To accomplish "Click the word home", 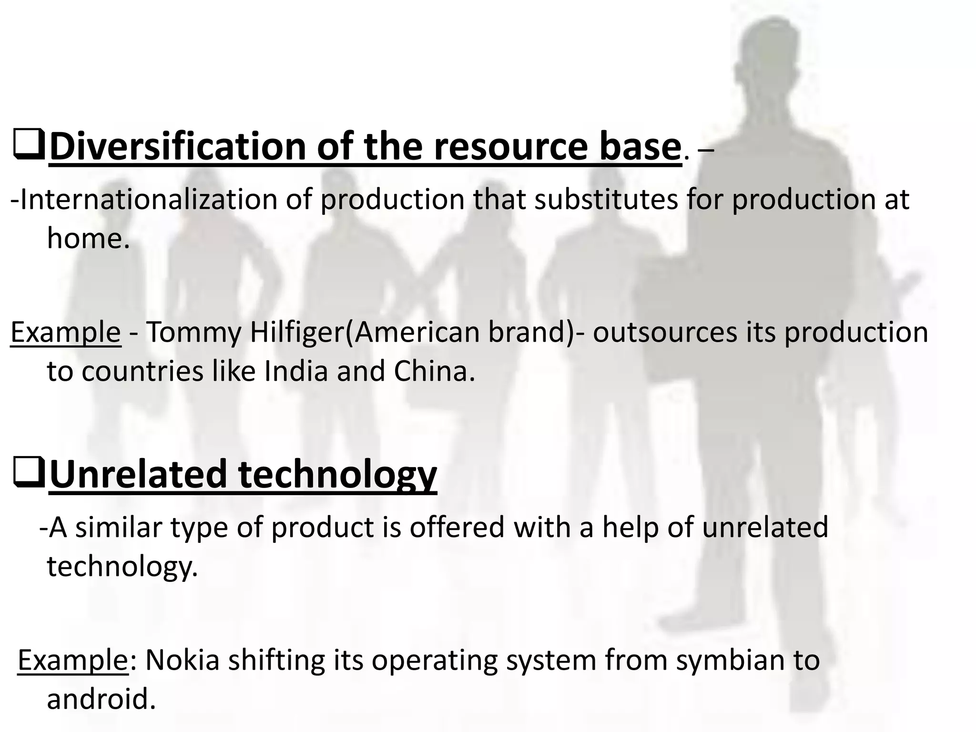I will [88, 238].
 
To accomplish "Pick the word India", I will [295, 371].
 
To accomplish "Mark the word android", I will [101, 700].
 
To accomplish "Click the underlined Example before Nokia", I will [73, 661].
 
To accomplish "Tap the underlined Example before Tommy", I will [66, 333].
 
